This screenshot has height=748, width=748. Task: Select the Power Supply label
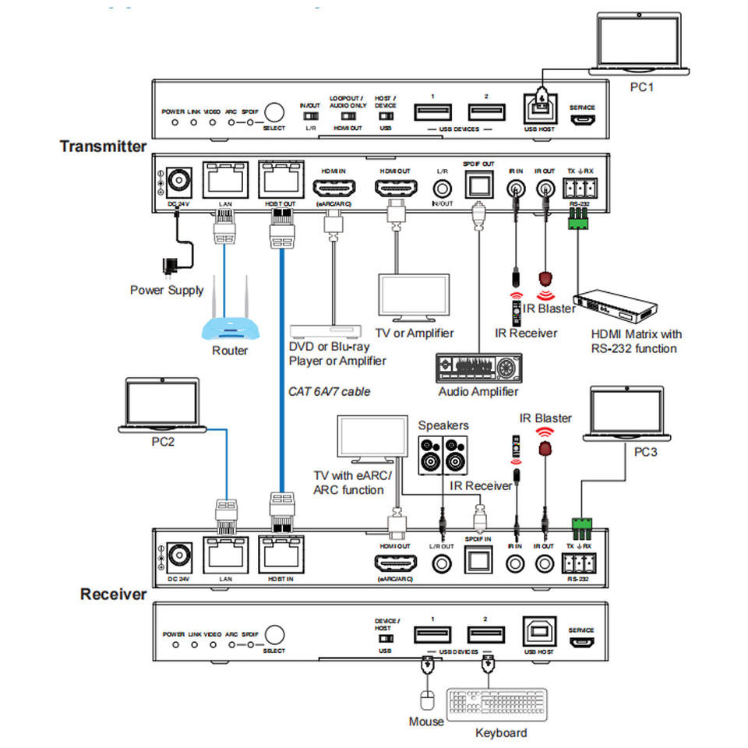167,290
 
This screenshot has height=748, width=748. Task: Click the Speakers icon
443,455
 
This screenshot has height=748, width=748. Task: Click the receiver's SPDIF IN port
478,558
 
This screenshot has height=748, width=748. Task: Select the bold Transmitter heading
103,146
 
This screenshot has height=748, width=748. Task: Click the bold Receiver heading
113,595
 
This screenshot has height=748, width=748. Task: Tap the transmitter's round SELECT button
274,112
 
